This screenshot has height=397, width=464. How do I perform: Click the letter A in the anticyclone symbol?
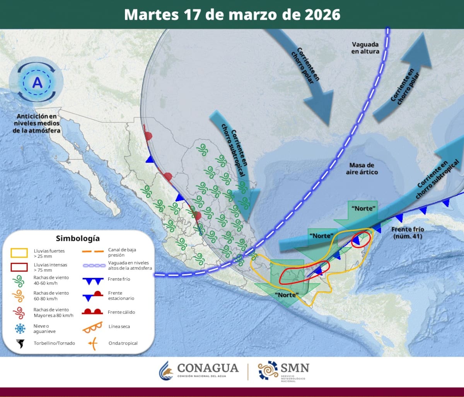point(38,83)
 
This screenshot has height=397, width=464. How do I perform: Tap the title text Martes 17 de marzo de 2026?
point(232,15)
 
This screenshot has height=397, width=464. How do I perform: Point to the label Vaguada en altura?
point(365,47)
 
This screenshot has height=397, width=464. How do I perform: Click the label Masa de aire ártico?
point(362,168)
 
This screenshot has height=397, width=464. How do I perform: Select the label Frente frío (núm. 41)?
point(408,232)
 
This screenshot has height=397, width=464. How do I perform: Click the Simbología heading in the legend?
point(78,239)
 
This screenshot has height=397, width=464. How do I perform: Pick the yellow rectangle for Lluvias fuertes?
point(19,253)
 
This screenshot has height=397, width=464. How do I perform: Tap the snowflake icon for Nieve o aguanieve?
point(19,329)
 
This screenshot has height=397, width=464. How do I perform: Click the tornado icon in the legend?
point(19,343)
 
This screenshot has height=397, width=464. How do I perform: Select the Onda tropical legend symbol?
point(92,343)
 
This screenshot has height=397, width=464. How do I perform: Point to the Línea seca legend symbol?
point(92,327)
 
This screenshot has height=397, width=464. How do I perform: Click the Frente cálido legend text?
point(122,312)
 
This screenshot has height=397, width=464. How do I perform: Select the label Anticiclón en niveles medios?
point(37,123)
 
